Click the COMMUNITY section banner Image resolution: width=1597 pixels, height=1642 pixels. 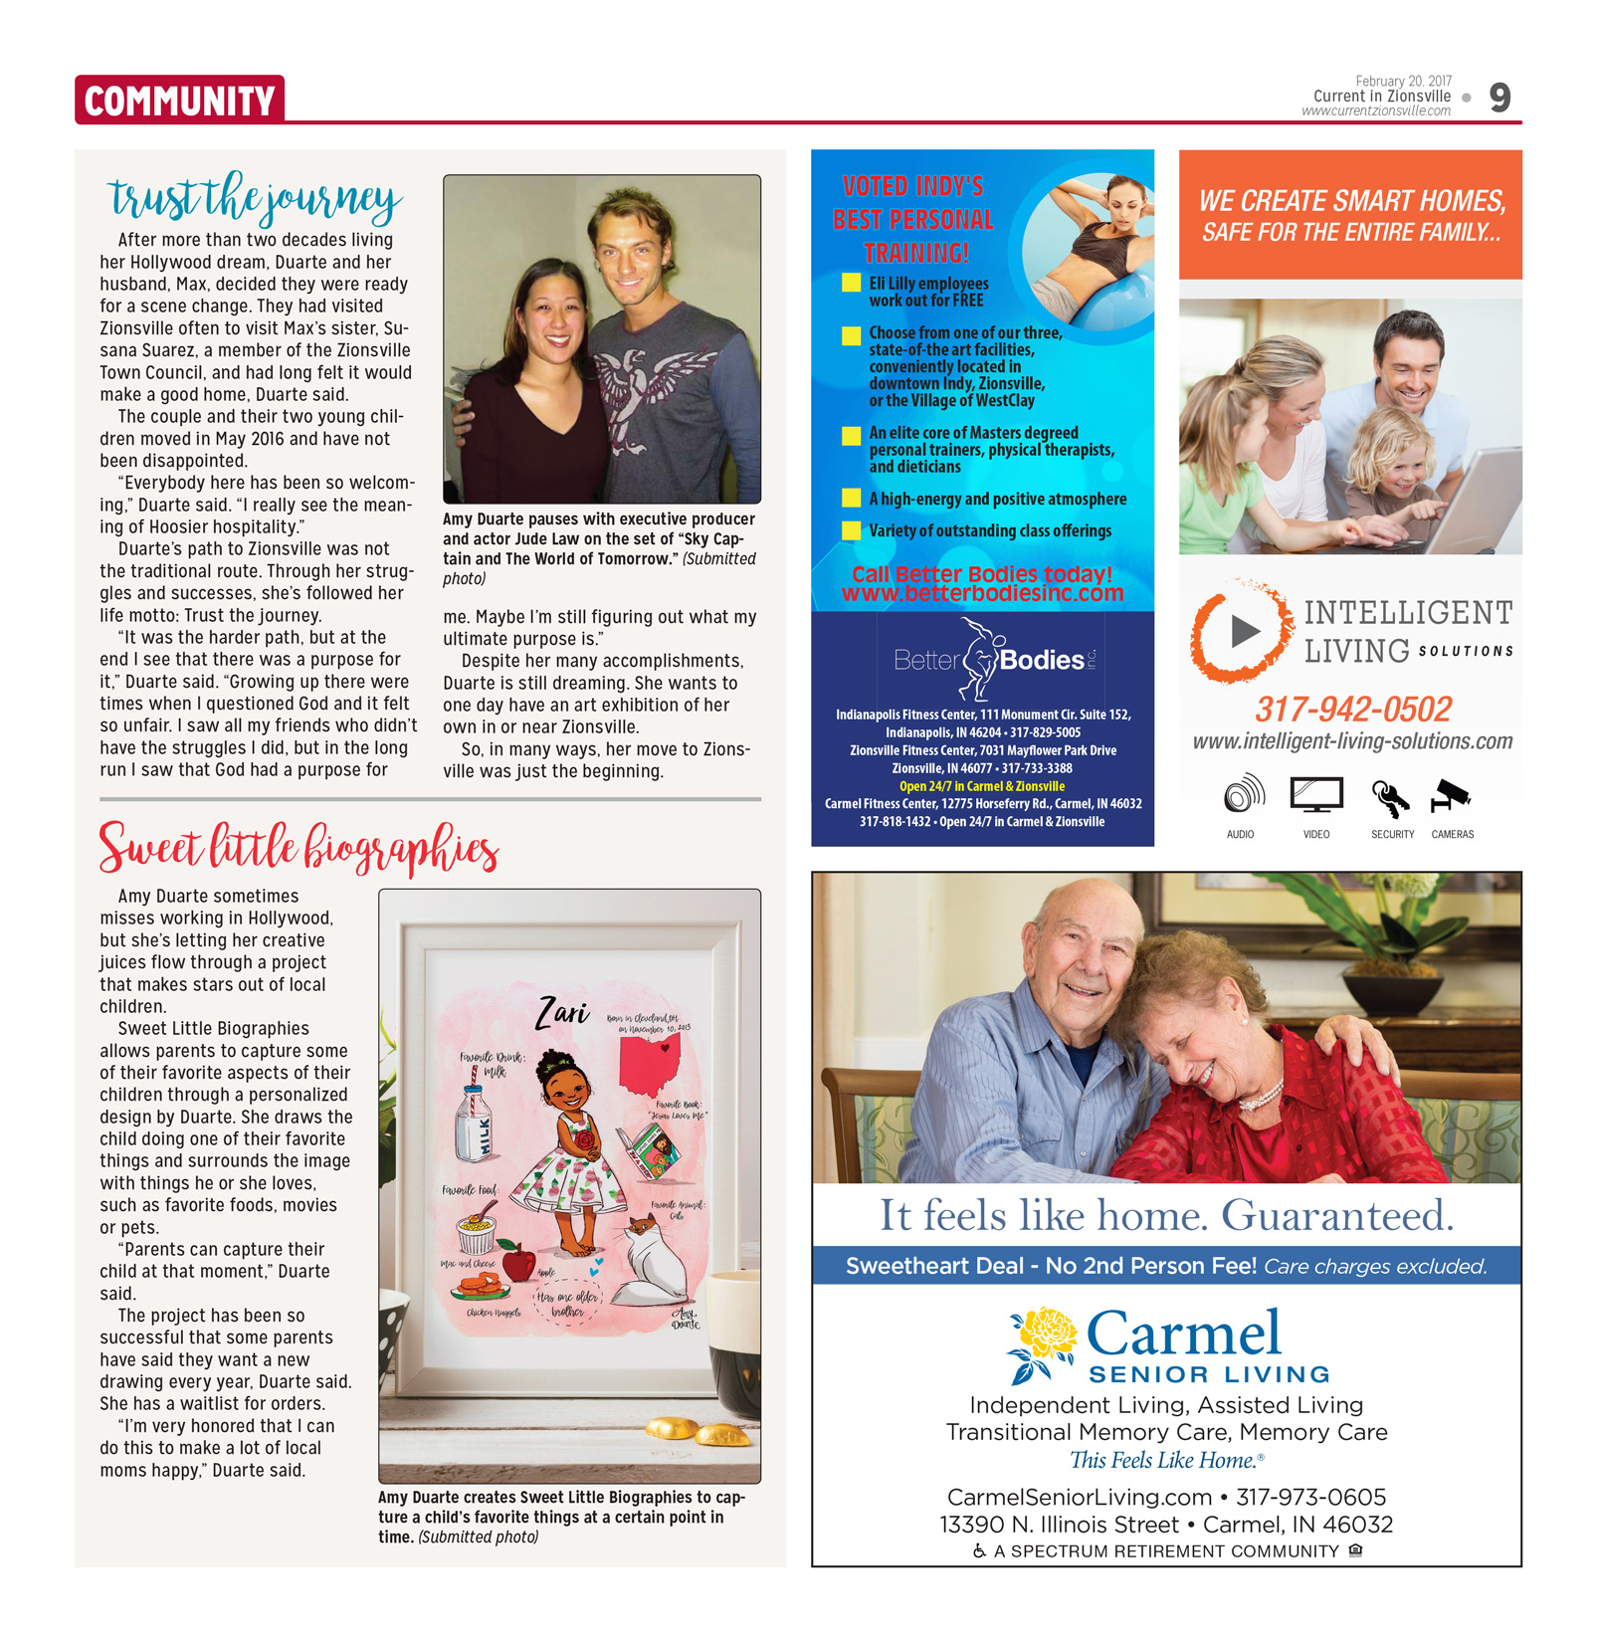pos(179,101)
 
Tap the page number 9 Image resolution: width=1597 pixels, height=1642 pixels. pos(1498,98)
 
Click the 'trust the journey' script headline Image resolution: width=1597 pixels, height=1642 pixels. pos(255,198)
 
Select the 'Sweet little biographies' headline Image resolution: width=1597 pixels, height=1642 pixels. pos(298,848)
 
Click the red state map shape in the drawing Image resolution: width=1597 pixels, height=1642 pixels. pos(650,1065)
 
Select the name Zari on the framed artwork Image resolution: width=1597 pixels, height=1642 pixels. pos(562,1012)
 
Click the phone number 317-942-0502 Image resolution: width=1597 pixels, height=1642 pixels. pos(1352,710)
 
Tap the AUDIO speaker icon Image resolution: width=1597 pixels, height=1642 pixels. pos(1243,795)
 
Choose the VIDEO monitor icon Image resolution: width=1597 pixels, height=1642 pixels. pos(1316,795)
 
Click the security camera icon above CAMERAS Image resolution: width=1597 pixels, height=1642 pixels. pos(1451,794)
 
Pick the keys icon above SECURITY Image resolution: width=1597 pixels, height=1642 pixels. pos(1389,796)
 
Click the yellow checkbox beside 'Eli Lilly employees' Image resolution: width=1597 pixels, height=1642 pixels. pos(851,283)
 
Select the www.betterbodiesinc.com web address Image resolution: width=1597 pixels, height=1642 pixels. pos(982,594)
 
